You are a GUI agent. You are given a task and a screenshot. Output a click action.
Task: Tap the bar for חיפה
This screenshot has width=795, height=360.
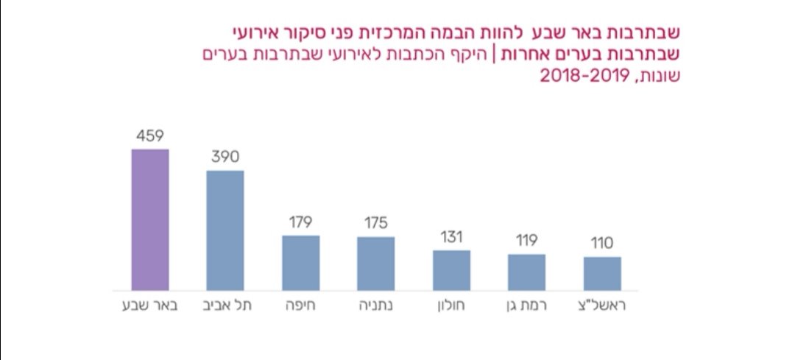point(300,263)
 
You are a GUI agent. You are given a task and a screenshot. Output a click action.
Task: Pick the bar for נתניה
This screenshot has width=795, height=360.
point(375,264)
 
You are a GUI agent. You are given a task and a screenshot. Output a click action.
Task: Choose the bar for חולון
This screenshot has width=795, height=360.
point(451,270)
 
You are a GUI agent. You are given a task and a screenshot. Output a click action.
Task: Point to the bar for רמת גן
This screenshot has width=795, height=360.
point(526,272)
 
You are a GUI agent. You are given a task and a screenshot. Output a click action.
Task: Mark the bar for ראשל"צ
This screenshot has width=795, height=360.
point(602,274)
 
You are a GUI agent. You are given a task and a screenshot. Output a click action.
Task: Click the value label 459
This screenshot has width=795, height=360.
point(149,135)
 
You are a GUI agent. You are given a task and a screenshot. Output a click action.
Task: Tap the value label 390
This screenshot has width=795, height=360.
point(225,157)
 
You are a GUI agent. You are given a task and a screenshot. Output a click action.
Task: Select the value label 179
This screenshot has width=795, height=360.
point(300,222)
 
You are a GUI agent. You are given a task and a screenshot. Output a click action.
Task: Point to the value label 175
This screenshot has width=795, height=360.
point(375,223)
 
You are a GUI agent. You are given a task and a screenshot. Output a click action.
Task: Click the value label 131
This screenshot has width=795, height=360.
point(451,237)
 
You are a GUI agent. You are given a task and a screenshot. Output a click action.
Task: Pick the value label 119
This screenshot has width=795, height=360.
point(526,241)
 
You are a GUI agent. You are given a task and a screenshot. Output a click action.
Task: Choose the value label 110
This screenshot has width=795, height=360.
point(602,244)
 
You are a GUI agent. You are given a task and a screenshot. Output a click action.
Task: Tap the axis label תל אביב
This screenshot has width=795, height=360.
point(225,306)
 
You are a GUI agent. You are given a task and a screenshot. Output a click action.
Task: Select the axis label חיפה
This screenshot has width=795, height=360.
point(301,306)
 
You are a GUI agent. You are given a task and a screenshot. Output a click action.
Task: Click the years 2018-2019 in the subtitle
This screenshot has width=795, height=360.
point(582,76)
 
